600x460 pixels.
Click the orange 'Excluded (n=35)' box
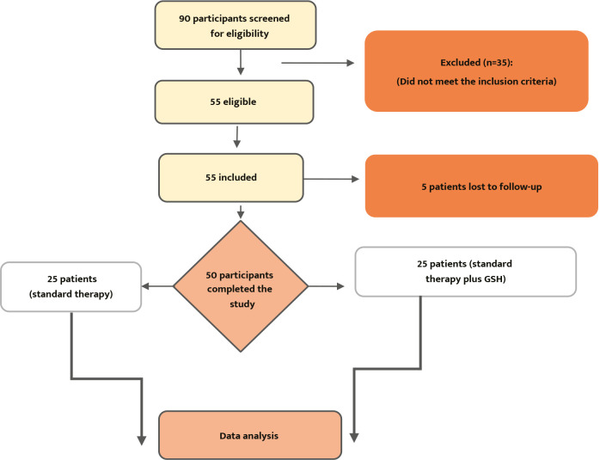481,71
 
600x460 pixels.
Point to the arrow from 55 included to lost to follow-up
334,180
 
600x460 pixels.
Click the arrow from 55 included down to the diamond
241,210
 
